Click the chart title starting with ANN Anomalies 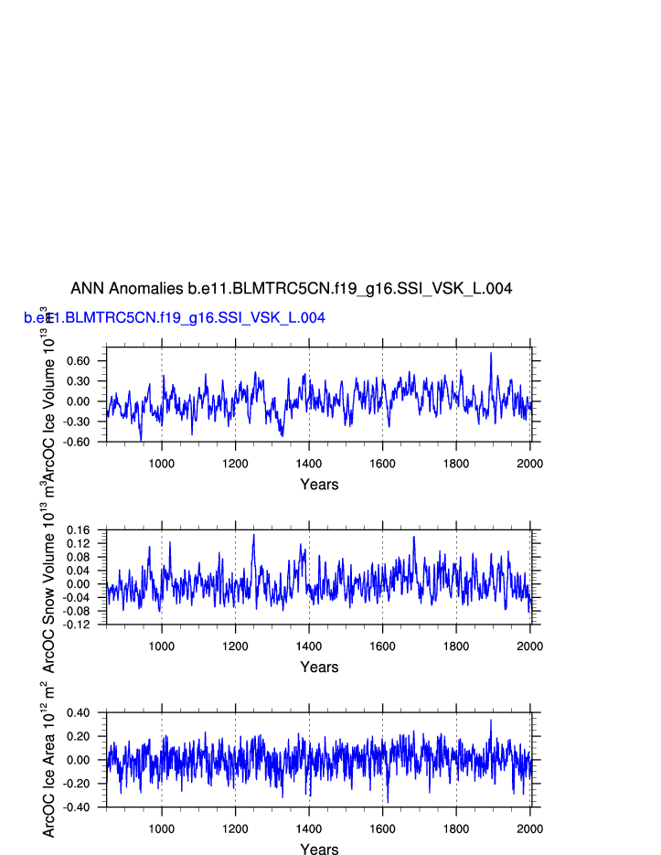pyautogui.click(x=291, y=289)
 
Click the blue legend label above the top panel pyautogui.click(x=174, y=318)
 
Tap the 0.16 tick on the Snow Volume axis pyautogui.click(x=90, y=530)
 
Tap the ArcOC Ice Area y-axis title pyautogui.click(x=50, y=759)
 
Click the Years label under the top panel pyautogui.click(x=319, y=485)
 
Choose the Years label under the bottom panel pyautogui.click(x=319, y=850)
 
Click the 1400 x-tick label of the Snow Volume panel pyautogui.click(x=309, y=647)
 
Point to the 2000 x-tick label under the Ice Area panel pyautogui.click(x=529, y=829)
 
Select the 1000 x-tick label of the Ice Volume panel pyautogui.click(x=162, y=464)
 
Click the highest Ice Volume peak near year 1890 pyautogui.click(x=491, y=353)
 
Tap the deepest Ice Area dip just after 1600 pyautogui.click(x=388, y=802)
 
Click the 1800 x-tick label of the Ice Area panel pyautogui.click(x=456, y=829)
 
